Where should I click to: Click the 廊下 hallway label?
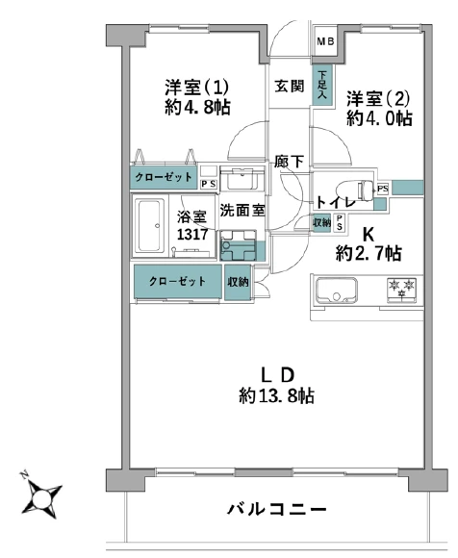(x=289, y=162)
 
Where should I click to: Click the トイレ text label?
(x=336, y=203)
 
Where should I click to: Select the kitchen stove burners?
(x=398, y=288)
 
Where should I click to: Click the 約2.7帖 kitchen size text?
(x=369, y=254)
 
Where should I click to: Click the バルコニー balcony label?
(x=277, y=509)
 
